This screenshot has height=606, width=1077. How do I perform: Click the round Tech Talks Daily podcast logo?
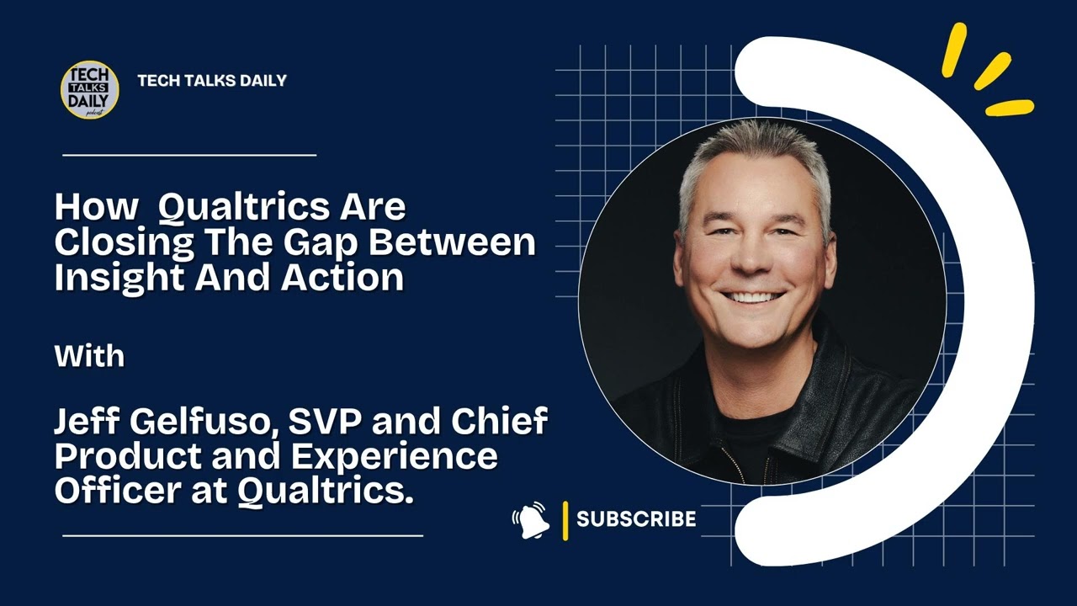pos(89,89)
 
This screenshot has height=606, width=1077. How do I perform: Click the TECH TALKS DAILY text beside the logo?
pos(212,81)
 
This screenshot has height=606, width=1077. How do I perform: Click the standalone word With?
pos(89,356)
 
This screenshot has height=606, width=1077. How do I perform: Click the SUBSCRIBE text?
pos(636,519)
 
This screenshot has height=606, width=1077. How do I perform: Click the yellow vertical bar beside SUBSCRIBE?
pos(565,519)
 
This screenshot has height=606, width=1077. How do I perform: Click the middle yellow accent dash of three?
pos(992,72)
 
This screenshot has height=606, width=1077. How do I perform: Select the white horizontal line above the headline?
pos(189,155)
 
